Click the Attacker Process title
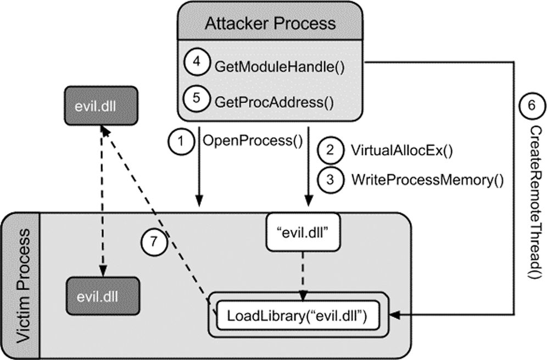[270, 24]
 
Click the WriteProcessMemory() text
[428, 179]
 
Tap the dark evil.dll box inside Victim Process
[102, 296]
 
